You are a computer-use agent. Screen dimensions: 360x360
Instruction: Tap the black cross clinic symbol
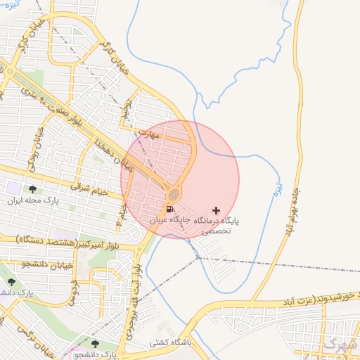click(x=215, y=210)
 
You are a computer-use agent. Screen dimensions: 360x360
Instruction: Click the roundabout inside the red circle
click(x=174, y=194)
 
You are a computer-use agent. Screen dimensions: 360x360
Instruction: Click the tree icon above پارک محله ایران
click(x=32, y=189)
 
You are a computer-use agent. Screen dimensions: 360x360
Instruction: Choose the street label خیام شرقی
click(x=88, y=186)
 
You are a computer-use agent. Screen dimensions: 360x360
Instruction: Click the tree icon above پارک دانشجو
click(x=96, y=344)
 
